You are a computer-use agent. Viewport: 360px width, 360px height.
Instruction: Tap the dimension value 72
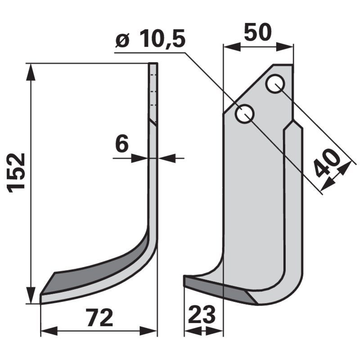(99, 318)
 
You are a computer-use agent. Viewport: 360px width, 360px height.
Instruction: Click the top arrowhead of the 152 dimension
(31, 70)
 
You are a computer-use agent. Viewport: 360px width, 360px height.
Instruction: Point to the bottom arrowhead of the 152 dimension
(31, 297)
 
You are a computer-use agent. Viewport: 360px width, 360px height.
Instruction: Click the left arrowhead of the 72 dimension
(47, 332)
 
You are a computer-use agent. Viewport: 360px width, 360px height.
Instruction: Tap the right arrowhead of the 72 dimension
(151, 332)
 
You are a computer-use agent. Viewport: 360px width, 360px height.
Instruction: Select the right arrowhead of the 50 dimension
(287, 46)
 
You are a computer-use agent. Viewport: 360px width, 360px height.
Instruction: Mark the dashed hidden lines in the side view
(153, 90)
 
